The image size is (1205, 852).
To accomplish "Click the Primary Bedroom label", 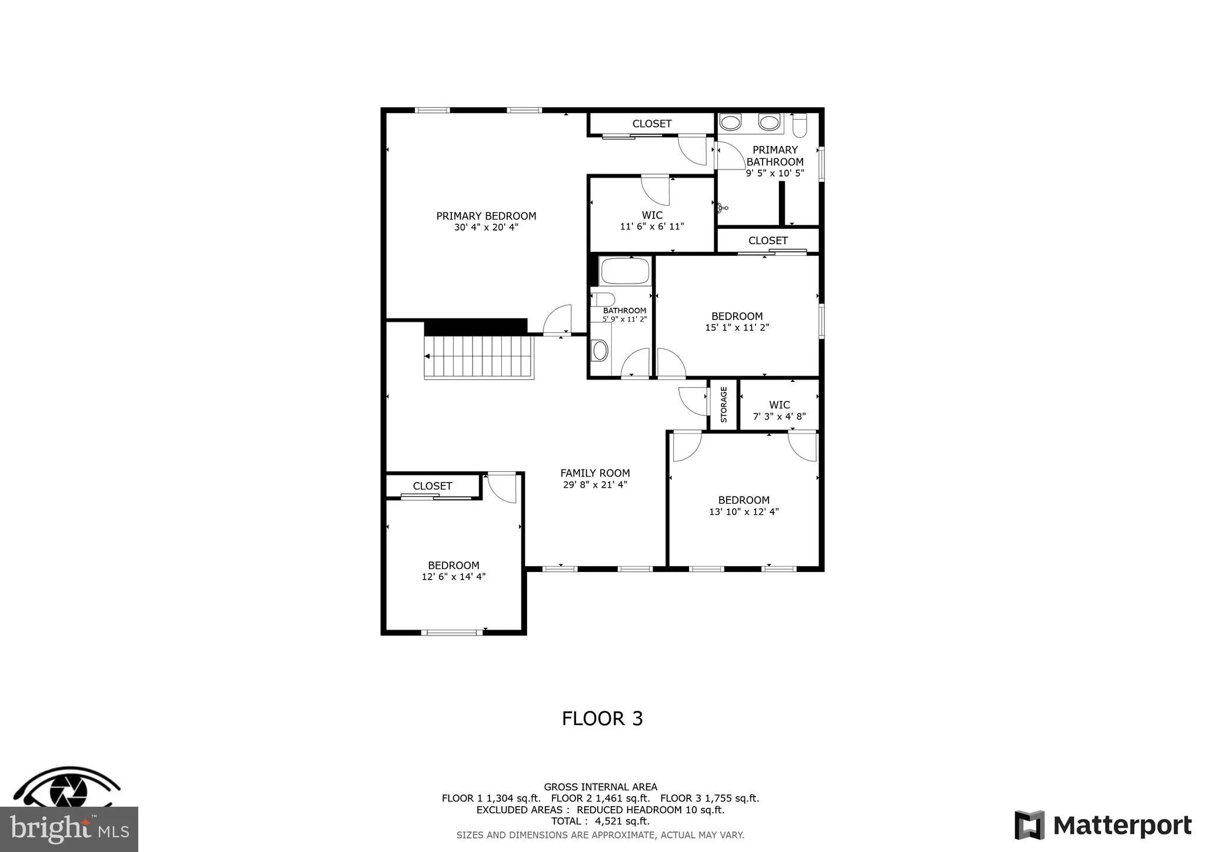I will (486, 216).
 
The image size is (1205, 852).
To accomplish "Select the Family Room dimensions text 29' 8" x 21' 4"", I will (595, 485).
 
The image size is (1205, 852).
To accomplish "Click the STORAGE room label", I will (724, 404).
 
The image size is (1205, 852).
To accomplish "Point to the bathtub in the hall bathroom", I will (624, 271).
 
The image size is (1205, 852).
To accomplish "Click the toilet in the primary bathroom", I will (800, 126).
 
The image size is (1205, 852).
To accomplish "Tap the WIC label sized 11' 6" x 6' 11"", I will (652, 215).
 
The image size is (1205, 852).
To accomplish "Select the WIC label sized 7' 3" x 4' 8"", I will (779, 405).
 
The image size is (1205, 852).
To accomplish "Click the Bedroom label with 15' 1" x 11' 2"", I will (737, 317).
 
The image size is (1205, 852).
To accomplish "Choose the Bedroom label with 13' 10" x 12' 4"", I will (744, 500).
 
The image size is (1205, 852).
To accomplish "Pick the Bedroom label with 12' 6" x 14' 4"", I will (453, 565).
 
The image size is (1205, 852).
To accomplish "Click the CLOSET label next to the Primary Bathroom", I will (768, 241).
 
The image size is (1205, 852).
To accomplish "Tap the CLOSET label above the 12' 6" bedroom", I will (432, 486).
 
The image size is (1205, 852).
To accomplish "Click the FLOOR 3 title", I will (602, 718).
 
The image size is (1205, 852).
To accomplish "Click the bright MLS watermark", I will (69, 829).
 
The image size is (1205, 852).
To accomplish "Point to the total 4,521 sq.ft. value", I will (623, 821).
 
